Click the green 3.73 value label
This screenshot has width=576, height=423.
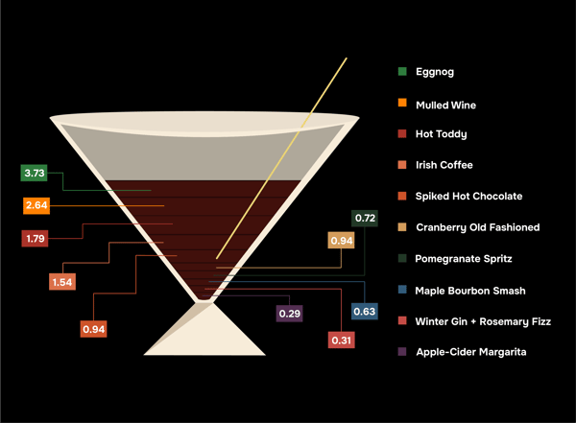(35, 174)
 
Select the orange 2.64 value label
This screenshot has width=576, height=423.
(36, 205)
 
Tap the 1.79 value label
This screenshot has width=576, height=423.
(36, 238)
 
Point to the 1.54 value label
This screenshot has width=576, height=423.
(62, 282)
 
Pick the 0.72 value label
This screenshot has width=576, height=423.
(365, 219)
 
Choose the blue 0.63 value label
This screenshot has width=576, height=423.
(365, 311)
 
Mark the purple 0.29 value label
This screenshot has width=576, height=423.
(289, 313)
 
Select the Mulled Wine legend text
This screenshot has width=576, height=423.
(445, 105)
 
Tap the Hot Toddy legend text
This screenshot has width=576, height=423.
(441, 134)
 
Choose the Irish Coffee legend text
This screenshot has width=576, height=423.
(444, 165)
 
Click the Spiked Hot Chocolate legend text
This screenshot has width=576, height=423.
(468, 196)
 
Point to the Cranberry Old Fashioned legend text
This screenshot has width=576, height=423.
(477, 227)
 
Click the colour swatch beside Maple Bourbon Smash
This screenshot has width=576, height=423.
(402, 290)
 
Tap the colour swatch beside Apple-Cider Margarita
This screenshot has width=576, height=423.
(402, 352)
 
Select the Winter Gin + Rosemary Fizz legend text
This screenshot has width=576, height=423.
(483, 321)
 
